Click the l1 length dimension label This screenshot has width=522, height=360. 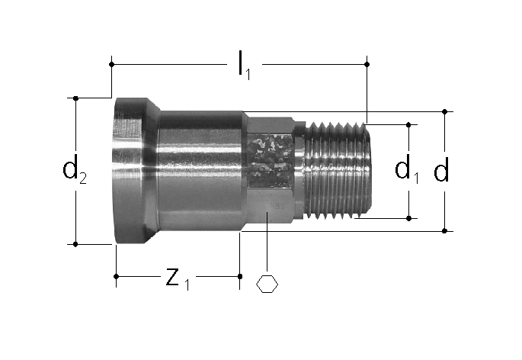click(244, 66)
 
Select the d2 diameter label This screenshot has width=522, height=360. click(75, 169)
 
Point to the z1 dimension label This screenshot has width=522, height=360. click(178, 278)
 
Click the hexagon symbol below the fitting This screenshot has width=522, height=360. click(267, 284)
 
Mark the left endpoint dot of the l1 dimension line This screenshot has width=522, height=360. click(111, 64)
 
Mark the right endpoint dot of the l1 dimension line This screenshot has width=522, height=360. click(367, 64)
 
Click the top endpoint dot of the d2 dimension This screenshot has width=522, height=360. click(75, 98)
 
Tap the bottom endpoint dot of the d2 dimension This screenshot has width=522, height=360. click(75, 244)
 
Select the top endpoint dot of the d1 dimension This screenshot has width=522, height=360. click(409, 124)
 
